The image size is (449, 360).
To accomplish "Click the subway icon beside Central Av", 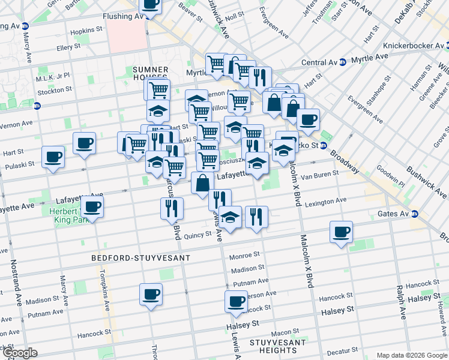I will pos(342,62).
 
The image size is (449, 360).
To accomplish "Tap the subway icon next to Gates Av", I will pos(414,214).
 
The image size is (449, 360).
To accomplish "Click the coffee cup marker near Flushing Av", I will pos(150,5).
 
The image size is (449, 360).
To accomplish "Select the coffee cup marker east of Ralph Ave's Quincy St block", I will pos(341,232).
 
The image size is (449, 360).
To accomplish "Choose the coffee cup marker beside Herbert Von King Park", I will pos(92,206).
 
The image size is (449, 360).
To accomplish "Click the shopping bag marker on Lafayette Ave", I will pos(202,182).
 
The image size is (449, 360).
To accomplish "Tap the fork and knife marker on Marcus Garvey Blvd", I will pos(172,208).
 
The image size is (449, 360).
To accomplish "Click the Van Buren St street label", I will pos(320,175).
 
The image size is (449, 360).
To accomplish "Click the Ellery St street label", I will pos(68,46).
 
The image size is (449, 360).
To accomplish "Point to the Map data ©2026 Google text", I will pos(412,355).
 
